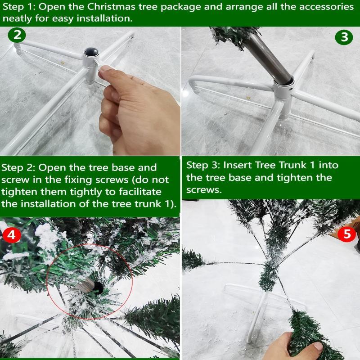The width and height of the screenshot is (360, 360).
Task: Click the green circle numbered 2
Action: tap(17, 35)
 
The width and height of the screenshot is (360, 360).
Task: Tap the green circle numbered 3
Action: tap(344, 37)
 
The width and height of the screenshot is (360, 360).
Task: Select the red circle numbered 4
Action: tap(12, 235)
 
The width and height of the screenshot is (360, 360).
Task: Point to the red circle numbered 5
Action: tap(346, 234)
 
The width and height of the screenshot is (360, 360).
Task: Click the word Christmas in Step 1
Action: tap(111, 7)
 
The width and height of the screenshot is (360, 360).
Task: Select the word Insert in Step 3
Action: tap(237, 165)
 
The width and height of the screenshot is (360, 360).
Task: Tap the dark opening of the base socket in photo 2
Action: tap(91, 52)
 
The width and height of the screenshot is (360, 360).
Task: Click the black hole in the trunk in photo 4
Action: tap(98, 288)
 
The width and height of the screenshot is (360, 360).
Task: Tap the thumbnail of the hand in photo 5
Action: tap(318, 346)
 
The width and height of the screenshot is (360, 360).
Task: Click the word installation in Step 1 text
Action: tap(104, 18)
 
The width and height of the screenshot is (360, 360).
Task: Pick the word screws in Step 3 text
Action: tap(204, 190)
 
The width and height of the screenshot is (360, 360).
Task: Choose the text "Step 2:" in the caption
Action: tap(18, 167)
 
